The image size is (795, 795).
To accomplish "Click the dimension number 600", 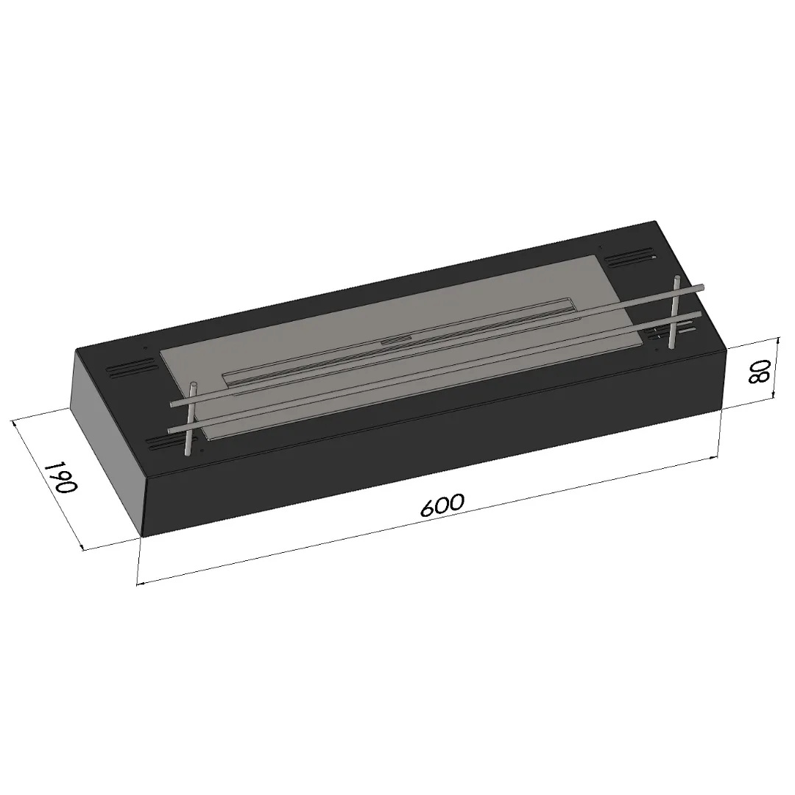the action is pyautogui.click(x=442, y=504).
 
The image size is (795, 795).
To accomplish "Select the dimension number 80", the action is pyautogui.click(x=760, y=372).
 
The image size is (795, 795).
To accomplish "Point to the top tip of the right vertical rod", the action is pyautogui.click(x=677, y=278).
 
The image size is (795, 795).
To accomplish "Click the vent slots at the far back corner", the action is pyautogui.click(x=630, y=258).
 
